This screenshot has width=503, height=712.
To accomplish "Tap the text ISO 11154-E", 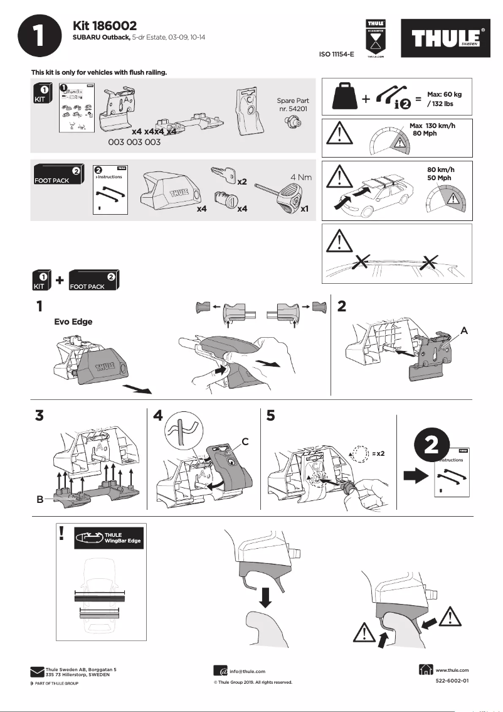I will click(x=336, y=55).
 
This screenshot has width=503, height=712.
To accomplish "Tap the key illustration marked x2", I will click(x=223, y=174).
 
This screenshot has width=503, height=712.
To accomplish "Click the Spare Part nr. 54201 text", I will click(x=292, y=105).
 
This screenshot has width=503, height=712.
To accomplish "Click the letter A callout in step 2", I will click(x=465, y=330).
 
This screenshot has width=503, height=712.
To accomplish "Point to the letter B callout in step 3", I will click(x=40, y=500).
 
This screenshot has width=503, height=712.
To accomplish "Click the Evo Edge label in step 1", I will click(x=73, y=322).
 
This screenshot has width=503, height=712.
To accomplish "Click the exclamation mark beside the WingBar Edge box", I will click(x=61, y=533).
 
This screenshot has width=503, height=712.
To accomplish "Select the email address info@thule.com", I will click(x=247, y=671).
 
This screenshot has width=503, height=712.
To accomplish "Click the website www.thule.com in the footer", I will click(x=452, y=671).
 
